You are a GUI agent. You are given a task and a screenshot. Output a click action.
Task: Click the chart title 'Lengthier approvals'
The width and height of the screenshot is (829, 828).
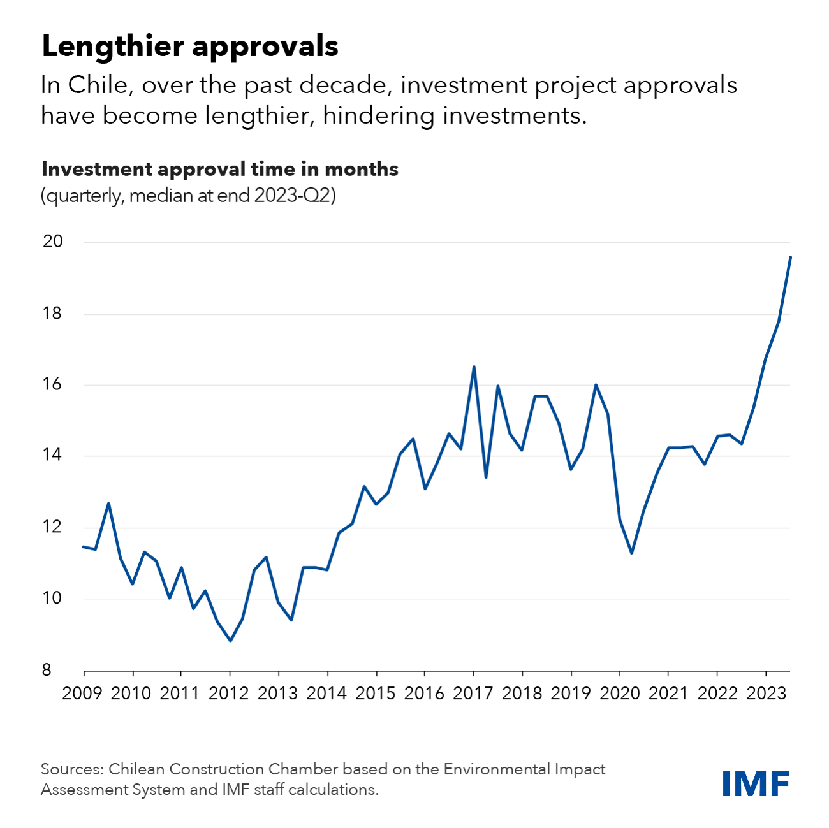(189, 47)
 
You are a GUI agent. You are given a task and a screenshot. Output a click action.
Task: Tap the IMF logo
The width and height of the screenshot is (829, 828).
(756, 783)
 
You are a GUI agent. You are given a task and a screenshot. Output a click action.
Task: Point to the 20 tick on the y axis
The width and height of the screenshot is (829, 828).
(53, 242)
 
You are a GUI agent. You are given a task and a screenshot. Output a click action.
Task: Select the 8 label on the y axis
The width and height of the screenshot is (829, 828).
(47, 670)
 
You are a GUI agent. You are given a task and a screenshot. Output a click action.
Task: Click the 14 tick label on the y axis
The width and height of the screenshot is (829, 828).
(53, 455)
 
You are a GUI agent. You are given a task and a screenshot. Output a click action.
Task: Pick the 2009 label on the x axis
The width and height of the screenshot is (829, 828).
(82, 693)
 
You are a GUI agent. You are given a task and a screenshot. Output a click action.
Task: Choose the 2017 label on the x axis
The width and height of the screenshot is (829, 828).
(473, 693)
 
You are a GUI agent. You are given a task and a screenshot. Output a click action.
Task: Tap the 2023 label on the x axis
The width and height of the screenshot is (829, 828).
(766, 693)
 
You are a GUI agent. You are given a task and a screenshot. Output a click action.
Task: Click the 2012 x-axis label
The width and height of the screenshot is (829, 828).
(229, 693)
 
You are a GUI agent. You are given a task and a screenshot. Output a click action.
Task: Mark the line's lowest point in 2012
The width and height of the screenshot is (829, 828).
(230, 641)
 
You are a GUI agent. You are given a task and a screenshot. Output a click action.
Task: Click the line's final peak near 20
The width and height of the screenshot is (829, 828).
(790, 257)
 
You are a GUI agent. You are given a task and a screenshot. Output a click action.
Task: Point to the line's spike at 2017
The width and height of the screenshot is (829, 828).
(474, 367)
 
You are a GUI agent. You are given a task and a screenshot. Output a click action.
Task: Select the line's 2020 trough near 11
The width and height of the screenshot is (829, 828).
(631, 553)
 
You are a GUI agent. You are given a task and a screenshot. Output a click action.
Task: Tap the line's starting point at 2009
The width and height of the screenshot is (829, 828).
(84, 546)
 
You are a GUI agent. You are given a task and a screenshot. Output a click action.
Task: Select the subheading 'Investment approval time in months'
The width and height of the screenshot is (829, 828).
(219, 169)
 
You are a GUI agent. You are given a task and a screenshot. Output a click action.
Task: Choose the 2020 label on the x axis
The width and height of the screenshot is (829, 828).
(619, 693)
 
